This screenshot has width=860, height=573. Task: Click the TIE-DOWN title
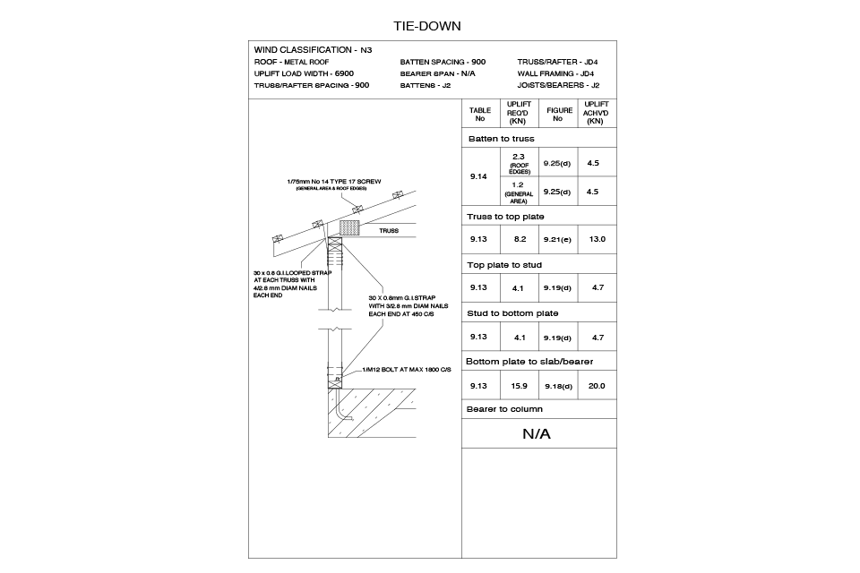[x=426, y=26]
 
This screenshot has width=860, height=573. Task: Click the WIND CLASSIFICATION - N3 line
[x=313, y=50]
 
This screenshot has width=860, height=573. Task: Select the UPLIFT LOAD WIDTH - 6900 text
[x=304, y=73]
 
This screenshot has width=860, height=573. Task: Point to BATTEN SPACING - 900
[x=443, y=62]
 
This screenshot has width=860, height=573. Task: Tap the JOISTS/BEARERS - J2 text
[x=558, y=86]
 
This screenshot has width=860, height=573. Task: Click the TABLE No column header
[x=480, y=114]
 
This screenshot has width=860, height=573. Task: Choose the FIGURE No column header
[x=559, y=114]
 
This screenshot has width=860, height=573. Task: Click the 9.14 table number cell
[x=478, y=176]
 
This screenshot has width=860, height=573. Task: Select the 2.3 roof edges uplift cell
[x=519, y=163]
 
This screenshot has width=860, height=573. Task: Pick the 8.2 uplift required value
[x=520, y=239]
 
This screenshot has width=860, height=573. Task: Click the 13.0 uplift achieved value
[x=598, y=239]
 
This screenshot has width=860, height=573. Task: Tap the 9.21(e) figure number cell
[x=557, y=240]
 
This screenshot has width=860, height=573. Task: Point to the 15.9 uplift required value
[x=519, y=386]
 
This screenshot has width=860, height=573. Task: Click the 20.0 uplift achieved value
[x=597, y=386]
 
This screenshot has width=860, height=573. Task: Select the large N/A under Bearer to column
[x=537, y=433]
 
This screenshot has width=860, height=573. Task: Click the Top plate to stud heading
[x=504, y=265]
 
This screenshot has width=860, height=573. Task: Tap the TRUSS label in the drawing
[x=388, y=231]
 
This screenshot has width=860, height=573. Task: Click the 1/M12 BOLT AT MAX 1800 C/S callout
[x=407, y=370]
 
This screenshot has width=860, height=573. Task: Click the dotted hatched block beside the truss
[x=349, y=228]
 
